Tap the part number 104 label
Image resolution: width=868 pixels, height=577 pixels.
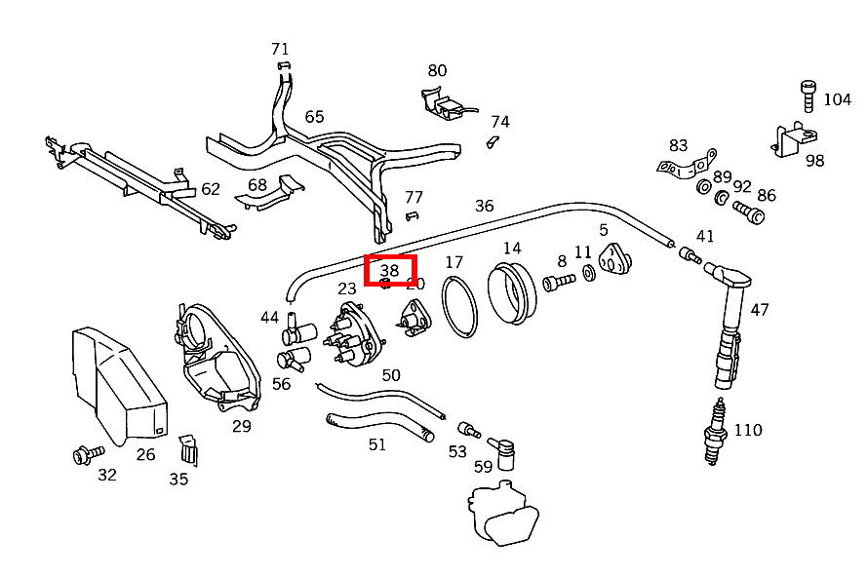(x=837, y=99)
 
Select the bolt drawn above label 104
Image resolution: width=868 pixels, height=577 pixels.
(x=808, y=96)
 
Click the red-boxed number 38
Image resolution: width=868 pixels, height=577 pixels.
(x=390, y=270)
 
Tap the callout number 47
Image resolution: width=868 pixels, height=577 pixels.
(x=760, y=310)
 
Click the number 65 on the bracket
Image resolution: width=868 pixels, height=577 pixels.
(x=314, y=117)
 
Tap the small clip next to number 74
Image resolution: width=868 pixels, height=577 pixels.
(x=493, y=142)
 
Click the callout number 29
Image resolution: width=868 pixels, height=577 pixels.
(x=242, y=426)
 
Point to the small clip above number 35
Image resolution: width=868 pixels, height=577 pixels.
(x=186, y=449)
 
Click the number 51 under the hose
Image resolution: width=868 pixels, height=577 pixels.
(x=377, y=444)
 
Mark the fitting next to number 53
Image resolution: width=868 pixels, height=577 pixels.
(x=468, y=430)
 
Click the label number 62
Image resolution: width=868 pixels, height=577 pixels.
(x=211, y=189)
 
